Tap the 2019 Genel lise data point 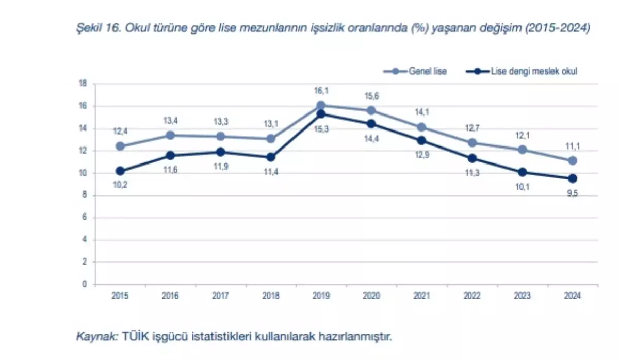[321, 105]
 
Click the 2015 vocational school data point [120, 171]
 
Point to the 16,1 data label [321, 91]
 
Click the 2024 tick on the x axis [573, 296]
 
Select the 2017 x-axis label [220, 296]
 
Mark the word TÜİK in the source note [134, 337]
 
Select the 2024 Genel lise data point [573, 160]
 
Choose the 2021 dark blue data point [421, 140]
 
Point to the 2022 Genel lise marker [471, 142]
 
